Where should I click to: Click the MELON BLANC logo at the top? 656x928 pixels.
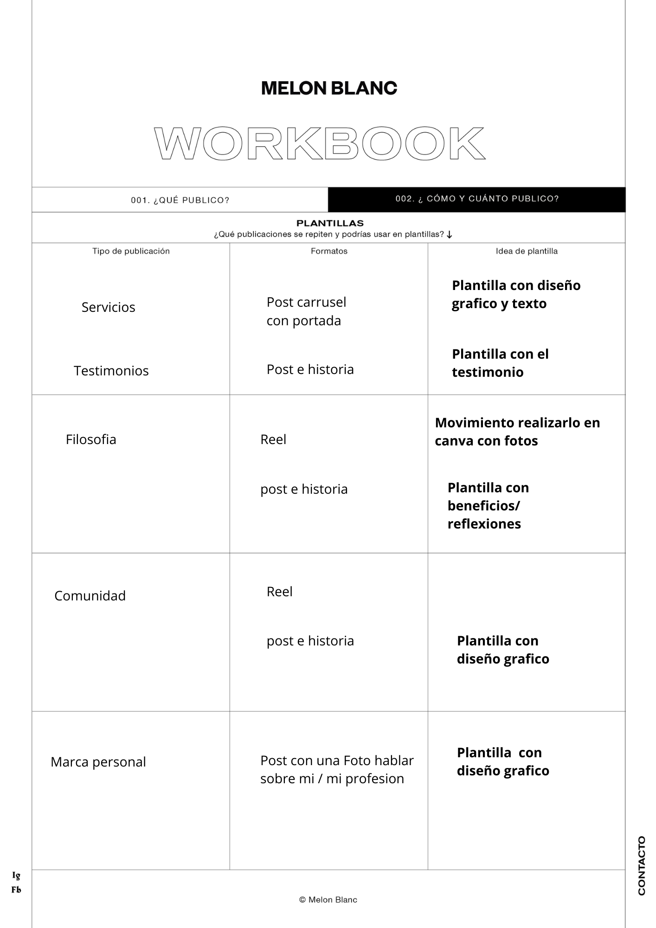pos(329,88)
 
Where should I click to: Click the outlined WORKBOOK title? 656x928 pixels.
pos(320,144)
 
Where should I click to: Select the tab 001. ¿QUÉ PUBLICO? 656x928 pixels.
pos(180,200)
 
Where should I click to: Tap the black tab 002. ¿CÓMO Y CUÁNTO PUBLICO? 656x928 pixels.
pos(477,199)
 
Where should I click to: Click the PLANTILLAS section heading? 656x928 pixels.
pos(330,223)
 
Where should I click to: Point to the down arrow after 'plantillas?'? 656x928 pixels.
pos(449,235)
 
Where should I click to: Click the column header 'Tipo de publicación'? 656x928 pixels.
pos(131,251)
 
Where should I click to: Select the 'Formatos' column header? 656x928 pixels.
pos(329,251)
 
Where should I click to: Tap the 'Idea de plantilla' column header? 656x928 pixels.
pos(527,251)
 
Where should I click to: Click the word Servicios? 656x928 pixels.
pos(108,307)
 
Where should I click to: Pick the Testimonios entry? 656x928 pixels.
pos(111,371)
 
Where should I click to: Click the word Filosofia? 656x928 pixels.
pos(91,439)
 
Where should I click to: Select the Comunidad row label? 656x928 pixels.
pos(90,596)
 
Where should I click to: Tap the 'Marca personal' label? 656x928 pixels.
pos(98,762)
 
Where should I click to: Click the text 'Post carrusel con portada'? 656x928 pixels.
pos(306,311)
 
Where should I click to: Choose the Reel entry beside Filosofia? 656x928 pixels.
pos(273,439)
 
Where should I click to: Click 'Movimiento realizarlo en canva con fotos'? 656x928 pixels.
pos(517,432)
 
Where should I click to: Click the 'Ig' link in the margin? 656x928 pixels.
pos(16,876)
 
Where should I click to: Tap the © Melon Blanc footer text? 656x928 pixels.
pos(328,900)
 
